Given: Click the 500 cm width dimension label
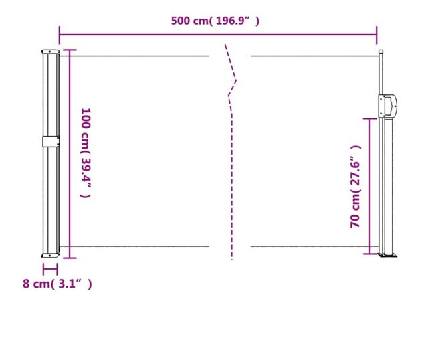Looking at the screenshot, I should pos(215,21).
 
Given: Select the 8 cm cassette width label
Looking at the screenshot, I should pos(57,284).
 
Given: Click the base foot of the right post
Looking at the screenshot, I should pos(388,254).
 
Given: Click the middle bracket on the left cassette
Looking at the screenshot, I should pos(51,141).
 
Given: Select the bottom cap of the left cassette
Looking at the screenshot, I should pos(51,255).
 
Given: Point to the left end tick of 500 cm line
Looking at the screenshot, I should pos(60,34).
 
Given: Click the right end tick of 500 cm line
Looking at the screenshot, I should pos(377,34).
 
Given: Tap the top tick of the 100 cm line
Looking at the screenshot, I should pos(69,50).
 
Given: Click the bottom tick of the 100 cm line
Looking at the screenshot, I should pos(69,258).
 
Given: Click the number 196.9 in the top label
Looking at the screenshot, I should pos(233,21).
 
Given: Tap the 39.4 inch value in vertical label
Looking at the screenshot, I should pos(85,171).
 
